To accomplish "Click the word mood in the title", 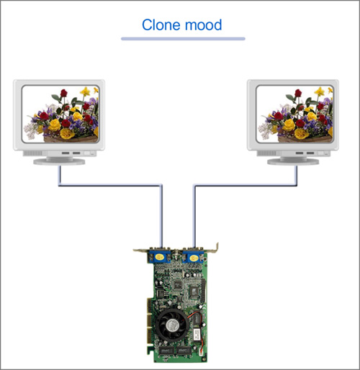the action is point(204,25).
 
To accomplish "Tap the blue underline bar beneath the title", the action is point(183,39).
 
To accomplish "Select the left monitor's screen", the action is point(60,114).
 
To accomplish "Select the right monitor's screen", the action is point(294,114).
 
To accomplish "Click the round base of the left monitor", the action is point(59,161).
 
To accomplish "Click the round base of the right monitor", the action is point(293,161).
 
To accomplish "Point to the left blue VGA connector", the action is point(160,256).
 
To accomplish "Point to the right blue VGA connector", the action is point(193,257).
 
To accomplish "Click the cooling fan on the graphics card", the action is point(172,325).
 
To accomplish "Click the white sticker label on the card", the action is point(197,335).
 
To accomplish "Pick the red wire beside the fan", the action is point(194,315).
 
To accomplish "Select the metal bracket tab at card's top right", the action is point(216,248).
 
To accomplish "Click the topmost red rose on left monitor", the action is point(63,93).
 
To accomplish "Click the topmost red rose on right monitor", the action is point(298,93).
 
